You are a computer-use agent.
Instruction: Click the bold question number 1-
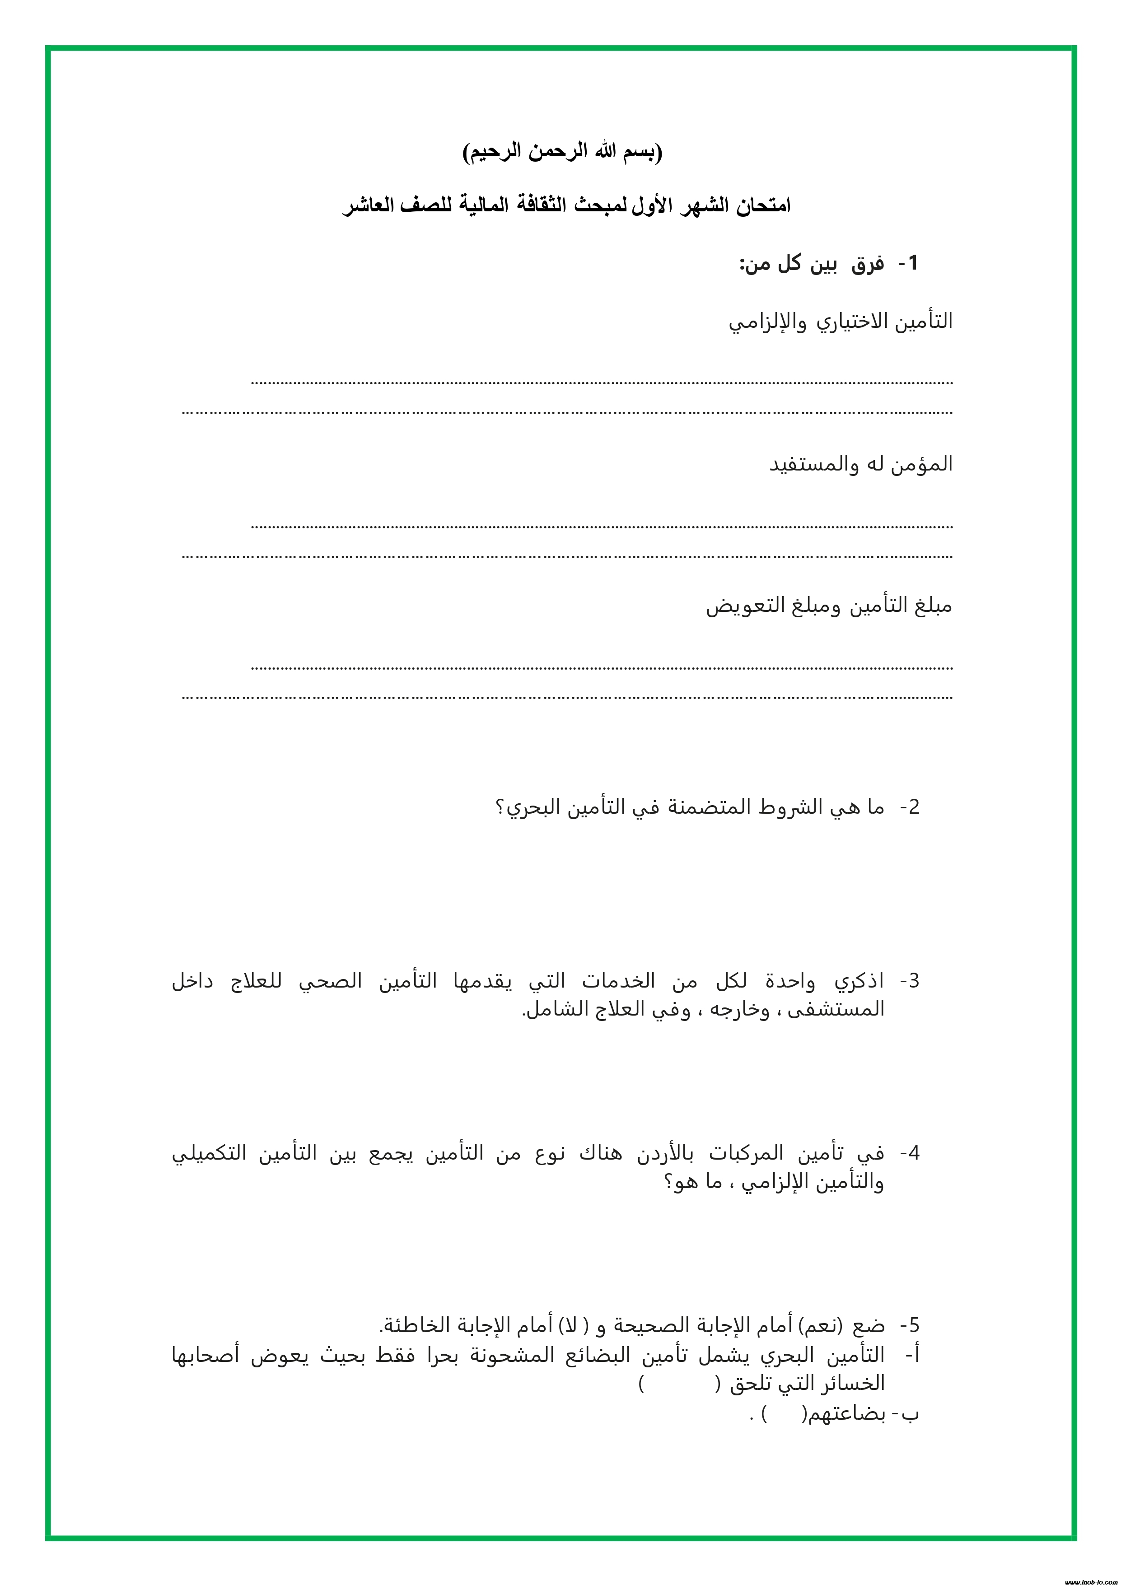point(908,263)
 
